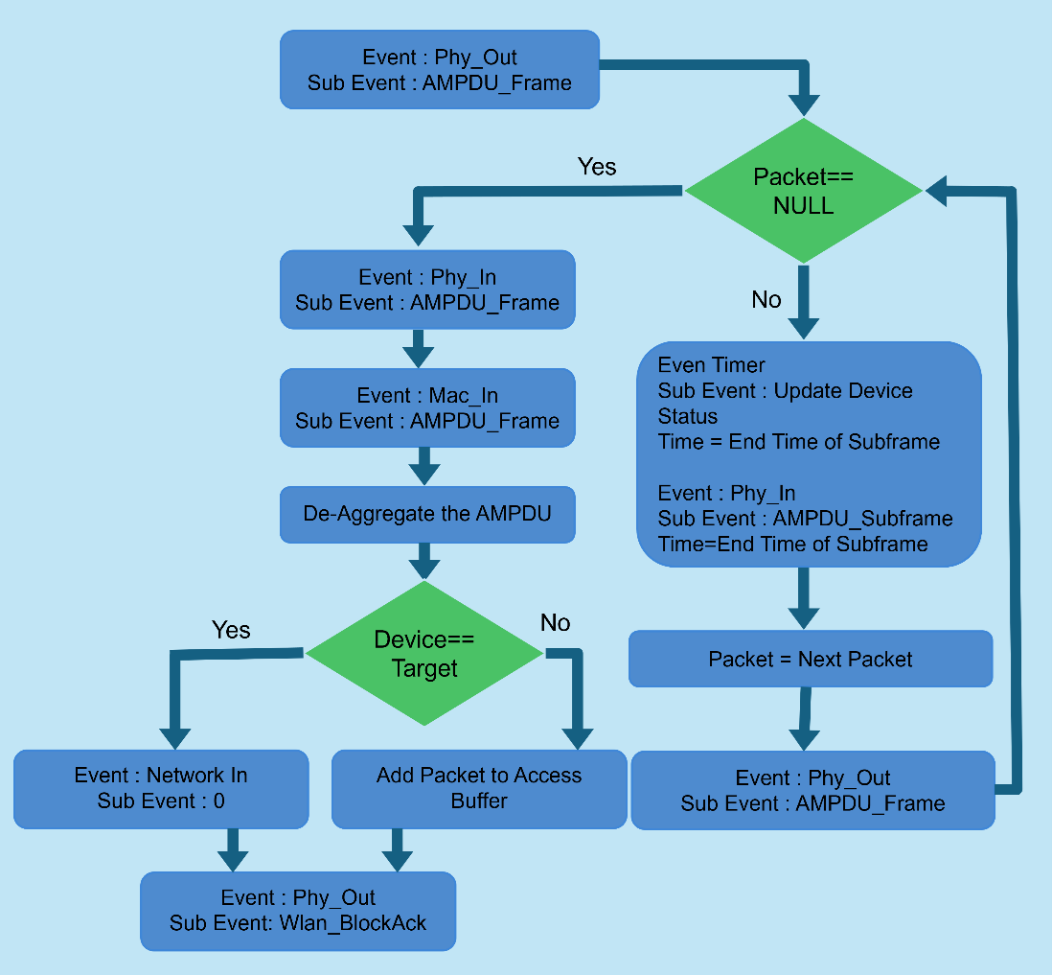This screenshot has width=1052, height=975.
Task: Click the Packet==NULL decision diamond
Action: coord(805,191)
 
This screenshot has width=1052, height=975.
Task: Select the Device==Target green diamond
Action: coord(424,654)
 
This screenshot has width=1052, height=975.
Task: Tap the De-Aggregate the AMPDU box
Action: coord(427,513)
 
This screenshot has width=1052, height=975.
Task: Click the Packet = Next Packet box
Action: coord(810,659)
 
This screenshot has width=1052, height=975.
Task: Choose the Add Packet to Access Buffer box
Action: coord(478,788)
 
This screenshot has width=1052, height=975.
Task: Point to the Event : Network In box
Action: coord(160,788)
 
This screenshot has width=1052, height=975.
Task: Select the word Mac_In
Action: coord(464,395)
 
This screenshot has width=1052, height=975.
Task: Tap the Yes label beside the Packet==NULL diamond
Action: coord(597,167)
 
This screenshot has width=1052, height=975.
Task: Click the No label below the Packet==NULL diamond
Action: coord(766,300)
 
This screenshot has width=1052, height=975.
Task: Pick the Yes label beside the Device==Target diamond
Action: coord(231,630)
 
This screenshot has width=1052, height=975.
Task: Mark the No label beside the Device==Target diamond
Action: coord(556,623)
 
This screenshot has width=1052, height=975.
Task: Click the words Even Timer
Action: coord(712,365)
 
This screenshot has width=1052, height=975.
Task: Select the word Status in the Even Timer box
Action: coord(688,416)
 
